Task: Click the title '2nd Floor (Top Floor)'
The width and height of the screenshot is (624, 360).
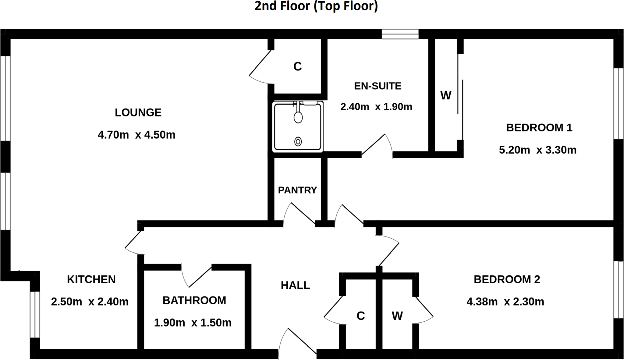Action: (316, 6)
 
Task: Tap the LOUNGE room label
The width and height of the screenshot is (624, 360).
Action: (138, 112)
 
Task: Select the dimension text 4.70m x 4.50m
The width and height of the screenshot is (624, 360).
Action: (136, 135)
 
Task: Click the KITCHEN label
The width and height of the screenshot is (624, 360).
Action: (91, 279)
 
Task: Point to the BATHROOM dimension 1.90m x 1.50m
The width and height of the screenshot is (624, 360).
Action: (193, 323)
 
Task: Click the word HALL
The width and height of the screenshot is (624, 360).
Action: (295, 285)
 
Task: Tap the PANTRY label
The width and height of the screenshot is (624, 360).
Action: (297, 190)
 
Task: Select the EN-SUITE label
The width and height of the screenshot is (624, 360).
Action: (378, 86)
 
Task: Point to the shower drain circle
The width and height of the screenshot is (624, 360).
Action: (298, 141)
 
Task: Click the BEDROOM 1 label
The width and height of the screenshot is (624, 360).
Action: (539, 127)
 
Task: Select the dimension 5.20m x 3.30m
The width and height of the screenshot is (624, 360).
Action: (537, 150)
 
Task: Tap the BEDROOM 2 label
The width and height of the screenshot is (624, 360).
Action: (507, 279)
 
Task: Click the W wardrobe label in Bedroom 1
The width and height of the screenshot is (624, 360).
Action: (445, 95)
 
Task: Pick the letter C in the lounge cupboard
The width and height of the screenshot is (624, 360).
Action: (297, 66)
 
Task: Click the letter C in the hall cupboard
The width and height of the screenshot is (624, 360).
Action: (360, 316)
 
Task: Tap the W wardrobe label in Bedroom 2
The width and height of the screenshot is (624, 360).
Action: (397, 316)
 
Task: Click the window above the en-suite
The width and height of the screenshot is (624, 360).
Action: (400, 34)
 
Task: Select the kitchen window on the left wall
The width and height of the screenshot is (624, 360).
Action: (35, 314)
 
